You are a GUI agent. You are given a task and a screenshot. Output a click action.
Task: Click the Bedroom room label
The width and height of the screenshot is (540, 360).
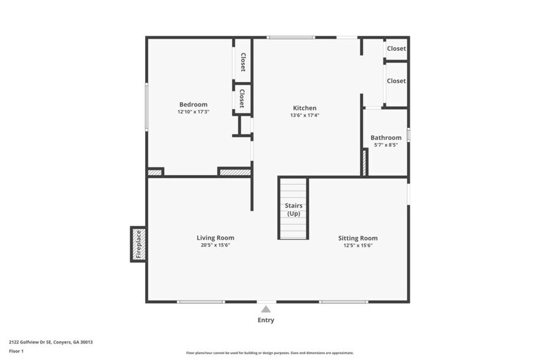193,104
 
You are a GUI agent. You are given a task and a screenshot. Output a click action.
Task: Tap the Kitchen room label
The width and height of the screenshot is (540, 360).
304,108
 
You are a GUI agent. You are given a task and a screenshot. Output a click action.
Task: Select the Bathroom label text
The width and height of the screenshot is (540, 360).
386,138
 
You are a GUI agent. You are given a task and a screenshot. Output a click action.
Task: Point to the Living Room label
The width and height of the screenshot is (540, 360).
215,238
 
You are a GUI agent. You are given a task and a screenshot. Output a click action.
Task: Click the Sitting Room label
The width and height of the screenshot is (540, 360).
358,238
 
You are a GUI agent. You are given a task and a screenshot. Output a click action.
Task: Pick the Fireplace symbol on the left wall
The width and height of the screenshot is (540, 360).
138,244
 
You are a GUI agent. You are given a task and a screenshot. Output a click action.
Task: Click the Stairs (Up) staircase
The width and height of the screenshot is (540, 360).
293,209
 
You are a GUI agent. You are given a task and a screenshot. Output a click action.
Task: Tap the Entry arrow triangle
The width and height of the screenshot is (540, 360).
266,309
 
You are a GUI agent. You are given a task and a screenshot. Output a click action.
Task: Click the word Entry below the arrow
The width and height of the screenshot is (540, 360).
266,320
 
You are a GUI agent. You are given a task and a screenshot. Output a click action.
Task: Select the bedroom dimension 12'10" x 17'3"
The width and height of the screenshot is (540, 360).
193,112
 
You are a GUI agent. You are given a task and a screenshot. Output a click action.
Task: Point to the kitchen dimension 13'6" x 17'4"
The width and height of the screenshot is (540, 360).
304,115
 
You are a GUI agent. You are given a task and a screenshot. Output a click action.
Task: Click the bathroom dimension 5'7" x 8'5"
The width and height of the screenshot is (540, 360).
386,145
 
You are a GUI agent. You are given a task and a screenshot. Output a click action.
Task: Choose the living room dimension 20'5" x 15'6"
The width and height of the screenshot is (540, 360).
215,245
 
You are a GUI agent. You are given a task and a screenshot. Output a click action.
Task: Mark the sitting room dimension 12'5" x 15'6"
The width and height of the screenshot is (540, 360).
358,245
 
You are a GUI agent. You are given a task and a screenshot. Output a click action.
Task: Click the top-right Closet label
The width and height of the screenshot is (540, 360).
396,48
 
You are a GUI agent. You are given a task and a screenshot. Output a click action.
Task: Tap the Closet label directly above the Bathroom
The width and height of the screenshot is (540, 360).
396,81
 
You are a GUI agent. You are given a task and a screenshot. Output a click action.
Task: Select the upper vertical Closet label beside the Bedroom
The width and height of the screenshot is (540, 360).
243,62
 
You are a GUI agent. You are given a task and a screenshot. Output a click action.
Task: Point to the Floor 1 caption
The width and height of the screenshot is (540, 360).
16,351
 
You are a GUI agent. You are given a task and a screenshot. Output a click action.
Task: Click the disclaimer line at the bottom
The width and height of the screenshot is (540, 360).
269,353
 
